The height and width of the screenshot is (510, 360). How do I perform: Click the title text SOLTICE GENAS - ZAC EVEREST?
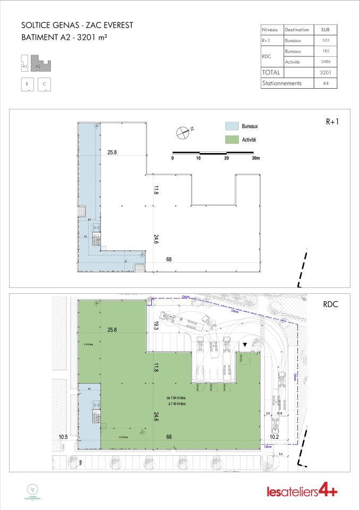pos(73,25)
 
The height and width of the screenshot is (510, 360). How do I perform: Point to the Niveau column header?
pos(271,30)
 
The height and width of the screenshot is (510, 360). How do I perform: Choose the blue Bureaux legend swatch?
pos(233,126)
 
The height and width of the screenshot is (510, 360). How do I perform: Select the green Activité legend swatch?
pos(233,140)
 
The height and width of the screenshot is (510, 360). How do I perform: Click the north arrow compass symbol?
pos(183,132)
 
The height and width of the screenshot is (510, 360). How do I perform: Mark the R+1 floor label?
pos(332,121)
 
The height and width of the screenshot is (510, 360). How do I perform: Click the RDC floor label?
pos(331,305)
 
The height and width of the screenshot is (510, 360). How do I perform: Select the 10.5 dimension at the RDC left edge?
pos(64,437)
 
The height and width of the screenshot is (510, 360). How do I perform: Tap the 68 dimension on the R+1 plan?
pos(169,260)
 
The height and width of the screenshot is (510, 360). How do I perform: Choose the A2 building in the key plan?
pos(41,65)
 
